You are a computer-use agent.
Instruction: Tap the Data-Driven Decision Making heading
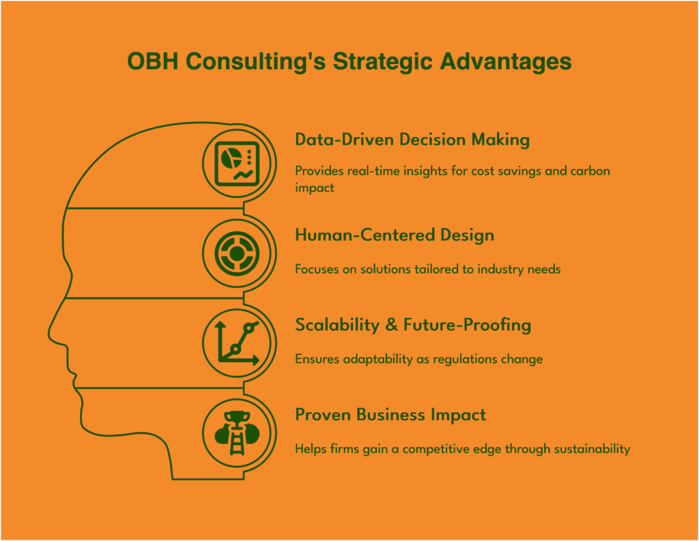[x=412, y=139]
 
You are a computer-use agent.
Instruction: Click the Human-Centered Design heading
[x=395, y=235]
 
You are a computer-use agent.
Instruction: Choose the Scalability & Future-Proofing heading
[x=413, y=325]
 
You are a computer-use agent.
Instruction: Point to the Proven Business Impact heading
[x=390, y=415]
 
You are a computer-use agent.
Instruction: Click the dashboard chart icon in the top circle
[x=237, y=164]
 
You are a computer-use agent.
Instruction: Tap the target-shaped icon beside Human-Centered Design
[x=237, y=254]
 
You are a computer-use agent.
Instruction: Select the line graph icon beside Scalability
[x=237, y=342]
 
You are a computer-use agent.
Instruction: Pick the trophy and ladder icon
[x=237, y=434]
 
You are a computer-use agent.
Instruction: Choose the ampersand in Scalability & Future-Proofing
[x=390, y=325]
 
